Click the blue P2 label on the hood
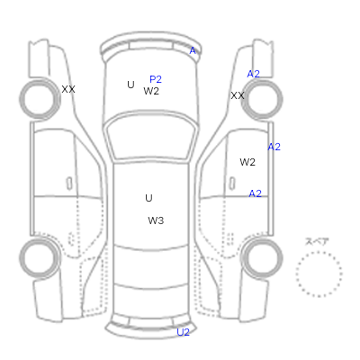pos(156,79)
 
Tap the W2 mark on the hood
pos(151,91)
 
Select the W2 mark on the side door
pos(247,162)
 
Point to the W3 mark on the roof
pos(156,220)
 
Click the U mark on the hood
pos(130,85)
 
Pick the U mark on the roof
pos(148,198)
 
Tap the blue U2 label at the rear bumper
pos(183,332)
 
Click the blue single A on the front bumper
pos(193,50)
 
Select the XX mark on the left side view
pos(68,89)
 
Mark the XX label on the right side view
pos(238,95)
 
